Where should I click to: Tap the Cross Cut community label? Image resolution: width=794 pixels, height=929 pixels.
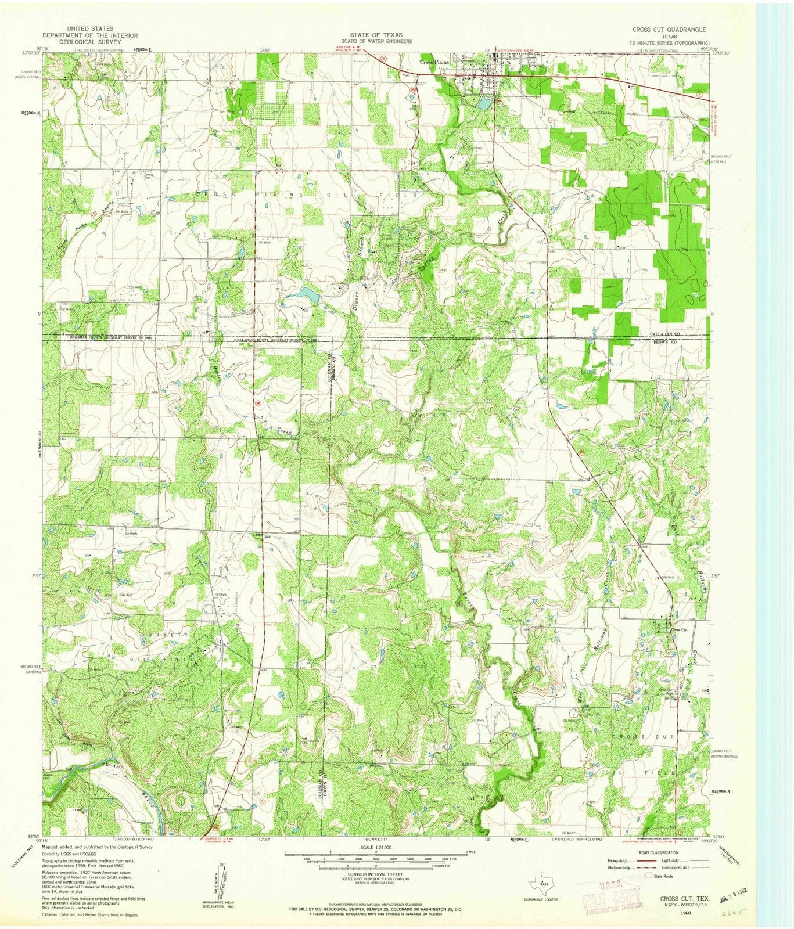coord(679,630)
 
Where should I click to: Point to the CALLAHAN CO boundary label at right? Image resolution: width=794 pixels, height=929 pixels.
coord(665,336)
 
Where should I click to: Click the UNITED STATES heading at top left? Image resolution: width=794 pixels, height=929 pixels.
coord(89,28)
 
